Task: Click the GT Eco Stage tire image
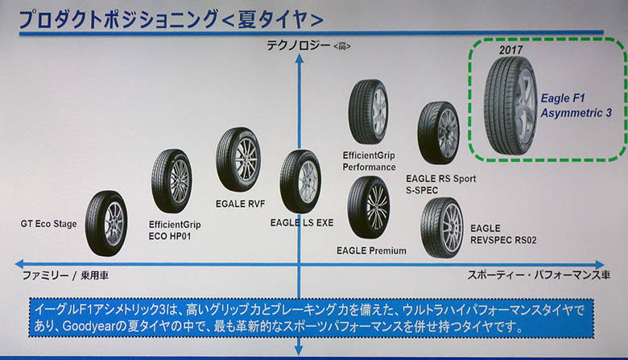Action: tap(106, 223)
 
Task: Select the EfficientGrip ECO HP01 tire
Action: tap(171, 181)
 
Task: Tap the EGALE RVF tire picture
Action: tap(238, 159)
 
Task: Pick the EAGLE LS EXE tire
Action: tap(300, 181)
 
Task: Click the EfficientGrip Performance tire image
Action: tap(368, 112)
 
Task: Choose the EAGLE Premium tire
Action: tap(369, 208)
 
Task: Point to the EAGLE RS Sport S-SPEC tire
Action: tap(439, 133)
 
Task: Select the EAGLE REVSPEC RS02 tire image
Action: tap(442, 227)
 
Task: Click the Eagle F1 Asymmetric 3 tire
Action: tap(510, 106)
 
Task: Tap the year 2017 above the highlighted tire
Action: tap(510, 50)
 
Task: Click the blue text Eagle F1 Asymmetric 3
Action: tap(576, 106)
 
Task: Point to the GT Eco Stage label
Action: tap(48, 224)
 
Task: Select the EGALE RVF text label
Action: tap(240, 204)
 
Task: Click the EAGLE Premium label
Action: tap(371, 250)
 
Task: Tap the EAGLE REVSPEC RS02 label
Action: tap(503, 234)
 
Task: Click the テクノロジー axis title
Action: tap(299, 46)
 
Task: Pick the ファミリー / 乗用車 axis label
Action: tap(65, 275)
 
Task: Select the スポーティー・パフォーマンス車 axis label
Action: tap(539, 275)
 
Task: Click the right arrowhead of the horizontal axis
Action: tap(600, 265)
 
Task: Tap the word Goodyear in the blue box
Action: tap(89, 326)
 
